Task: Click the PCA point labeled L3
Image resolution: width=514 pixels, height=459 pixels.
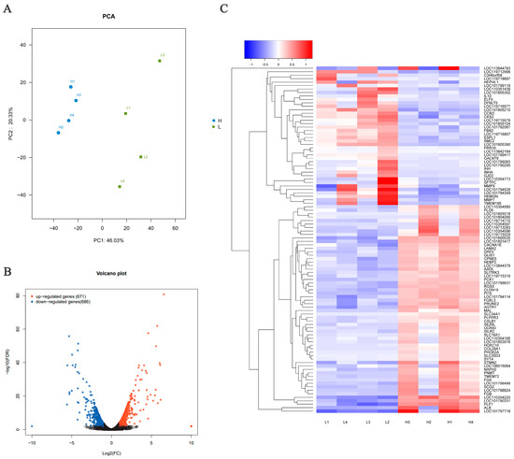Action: [160, 61]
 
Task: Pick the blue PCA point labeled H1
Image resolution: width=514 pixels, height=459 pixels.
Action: [71, 87]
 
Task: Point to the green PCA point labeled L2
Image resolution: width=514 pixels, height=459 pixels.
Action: [140, 157]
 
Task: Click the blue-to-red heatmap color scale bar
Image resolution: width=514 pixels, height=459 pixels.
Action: [277, 48]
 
